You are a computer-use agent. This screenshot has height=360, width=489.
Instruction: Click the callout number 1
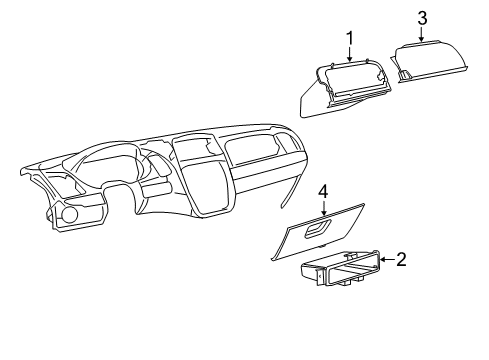coord(351,38)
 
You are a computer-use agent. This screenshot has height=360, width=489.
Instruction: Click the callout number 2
coord(400,260)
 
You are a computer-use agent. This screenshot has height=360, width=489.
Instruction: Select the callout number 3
coord(422,18)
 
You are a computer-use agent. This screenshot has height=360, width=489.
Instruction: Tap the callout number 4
coord(323,189)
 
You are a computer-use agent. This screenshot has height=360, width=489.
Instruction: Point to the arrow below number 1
coord(351,54)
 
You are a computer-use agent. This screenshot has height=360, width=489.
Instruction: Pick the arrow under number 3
coord(422,34)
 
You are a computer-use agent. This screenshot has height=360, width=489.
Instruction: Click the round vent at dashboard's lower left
coord(70,214)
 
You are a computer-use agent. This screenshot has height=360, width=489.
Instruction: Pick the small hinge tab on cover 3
coord(407,74)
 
